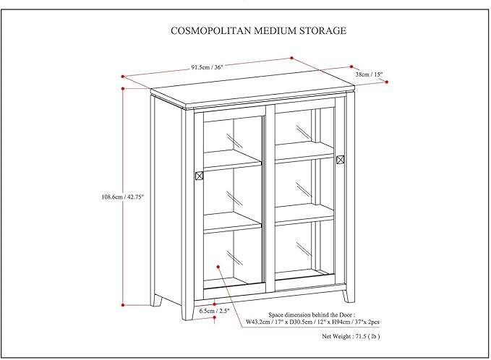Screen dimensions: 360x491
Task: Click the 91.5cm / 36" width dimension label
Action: tap(208, 67)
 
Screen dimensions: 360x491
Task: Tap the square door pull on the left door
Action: tap(200, 175)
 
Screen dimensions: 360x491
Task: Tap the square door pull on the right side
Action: tap(341, 159)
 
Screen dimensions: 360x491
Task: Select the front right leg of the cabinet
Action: tap(349, 293)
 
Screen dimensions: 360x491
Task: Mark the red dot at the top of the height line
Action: tap(124, 88)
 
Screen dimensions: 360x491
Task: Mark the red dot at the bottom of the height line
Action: tap(124, 304)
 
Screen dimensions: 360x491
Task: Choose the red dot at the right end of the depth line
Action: tap(386, 83)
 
